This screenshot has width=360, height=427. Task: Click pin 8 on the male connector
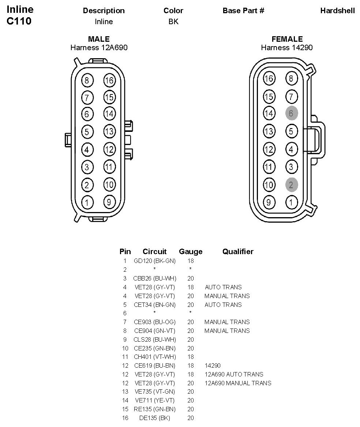87,81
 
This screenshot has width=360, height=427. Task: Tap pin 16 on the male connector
109,80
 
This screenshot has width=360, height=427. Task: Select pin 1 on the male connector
87,202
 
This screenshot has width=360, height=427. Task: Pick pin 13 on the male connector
109,131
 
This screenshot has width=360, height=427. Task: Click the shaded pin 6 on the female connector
291,113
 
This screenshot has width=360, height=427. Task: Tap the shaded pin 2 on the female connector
291,185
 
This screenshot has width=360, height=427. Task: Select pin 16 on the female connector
269,78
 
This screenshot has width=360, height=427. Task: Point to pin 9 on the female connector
269,202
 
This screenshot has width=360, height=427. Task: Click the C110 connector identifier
19,21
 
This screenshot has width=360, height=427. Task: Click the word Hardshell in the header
337,11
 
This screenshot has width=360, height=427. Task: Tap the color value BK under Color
173,22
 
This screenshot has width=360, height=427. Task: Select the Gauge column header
191,252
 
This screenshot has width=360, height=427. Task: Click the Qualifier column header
238,252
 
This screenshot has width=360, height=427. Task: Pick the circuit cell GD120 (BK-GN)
155,261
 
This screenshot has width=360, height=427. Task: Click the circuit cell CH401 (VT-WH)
155,357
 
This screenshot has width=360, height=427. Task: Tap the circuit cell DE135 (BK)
155,418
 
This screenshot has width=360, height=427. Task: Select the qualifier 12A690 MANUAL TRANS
238,383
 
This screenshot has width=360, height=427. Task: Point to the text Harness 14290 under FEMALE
287,48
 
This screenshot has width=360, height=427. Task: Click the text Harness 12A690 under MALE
99,48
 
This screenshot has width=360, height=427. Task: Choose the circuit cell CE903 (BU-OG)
155,322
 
